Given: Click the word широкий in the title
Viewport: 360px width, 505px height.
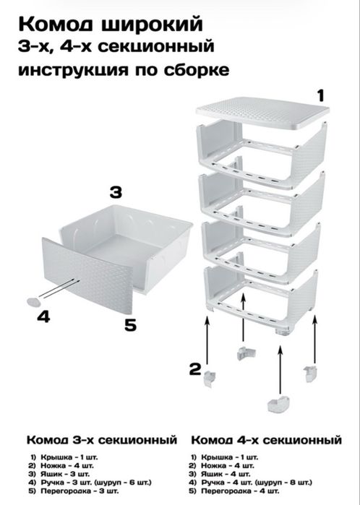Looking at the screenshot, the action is (x=153, y=25).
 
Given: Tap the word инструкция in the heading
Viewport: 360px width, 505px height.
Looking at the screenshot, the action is (x=73, y=70).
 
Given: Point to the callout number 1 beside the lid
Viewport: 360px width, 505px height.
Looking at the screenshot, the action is (x=320, y=95).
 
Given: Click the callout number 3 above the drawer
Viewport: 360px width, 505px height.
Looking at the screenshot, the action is (x=116, y=192).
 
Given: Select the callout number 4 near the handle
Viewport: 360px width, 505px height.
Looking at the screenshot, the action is (x=43, y=316).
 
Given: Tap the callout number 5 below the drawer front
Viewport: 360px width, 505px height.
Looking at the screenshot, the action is (x=131, y=325).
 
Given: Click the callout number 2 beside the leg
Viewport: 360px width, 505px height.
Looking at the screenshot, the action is (x=195, y=369).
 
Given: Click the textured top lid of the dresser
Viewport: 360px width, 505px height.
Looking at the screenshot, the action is (x=262, y=111).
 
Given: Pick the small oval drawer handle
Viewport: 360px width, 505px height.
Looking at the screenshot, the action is (x=33, y=302).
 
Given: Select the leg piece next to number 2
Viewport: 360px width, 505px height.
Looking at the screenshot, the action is (x=210, y=379).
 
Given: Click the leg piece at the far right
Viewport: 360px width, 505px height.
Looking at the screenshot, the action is (x=309, y=374).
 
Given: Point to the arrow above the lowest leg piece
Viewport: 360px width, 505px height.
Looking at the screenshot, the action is (x=280, y=371).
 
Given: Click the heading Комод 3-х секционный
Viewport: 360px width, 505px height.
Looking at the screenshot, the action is (x=102, y=440).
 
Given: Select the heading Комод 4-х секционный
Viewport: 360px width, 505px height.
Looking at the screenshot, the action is (x=266, y=440).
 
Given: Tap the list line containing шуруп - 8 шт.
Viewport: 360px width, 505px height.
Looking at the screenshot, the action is (x=251, y=483).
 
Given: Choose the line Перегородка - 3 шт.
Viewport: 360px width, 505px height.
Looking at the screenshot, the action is (x=74, y=491).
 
